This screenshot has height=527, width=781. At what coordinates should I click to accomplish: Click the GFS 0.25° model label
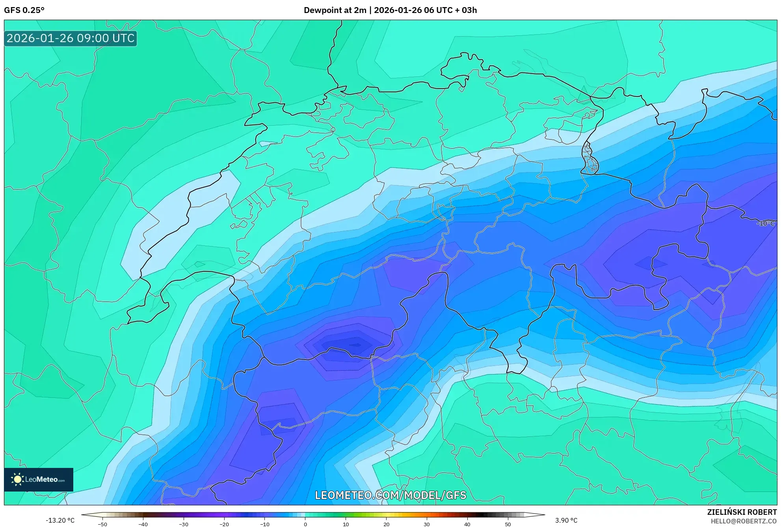coord(24,10)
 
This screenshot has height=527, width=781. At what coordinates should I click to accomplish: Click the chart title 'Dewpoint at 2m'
coord(335,10)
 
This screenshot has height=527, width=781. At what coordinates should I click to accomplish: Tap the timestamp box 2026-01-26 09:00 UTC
coord(71,38)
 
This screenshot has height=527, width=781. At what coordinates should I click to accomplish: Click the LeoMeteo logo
coord(39,479)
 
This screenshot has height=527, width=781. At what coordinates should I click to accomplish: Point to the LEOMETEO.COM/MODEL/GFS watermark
coord(390,495)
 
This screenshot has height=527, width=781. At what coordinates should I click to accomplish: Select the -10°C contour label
coord(765,223)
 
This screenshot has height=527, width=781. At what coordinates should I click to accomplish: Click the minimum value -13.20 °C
coord(60,520)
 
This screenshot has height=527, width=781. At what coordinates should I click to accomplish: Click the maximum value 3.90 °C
coord(566,520)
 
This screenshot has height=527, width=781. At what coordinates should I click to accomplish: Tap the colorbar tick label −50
coord(102,524)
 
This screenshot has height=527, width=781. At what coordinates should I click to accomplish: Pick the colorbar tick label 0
coord(305,524)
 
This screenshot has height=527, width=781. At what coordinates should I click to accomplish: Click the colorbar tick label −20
coord(224,524)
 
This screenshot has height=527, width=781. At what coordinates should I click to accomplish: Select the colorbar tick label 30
coord(427,524)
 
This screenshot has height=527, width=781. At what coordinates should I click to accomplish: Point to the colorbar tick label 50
coord(508,524)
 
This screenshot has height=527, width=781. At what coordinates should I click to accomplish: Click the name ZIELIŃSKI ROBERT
coord(742,512)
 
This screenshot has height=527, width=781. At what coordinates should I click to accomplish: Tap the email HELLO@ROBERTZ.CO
coord(744,521)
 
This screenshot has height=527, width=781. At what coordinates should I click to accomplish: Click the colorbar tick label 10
coord(346,524)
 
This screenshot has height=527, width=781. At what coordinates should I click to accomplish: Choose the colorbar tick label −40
coord(143,524)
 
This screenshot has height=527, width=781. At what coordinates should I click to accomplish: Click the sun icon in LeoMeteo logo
coord(17,479)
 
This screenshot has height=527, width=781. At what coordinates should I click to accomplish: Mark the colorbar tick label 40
coord(467,524)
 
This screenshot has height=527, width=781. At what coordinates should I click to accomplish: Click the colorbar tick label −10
coord(264,524)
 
